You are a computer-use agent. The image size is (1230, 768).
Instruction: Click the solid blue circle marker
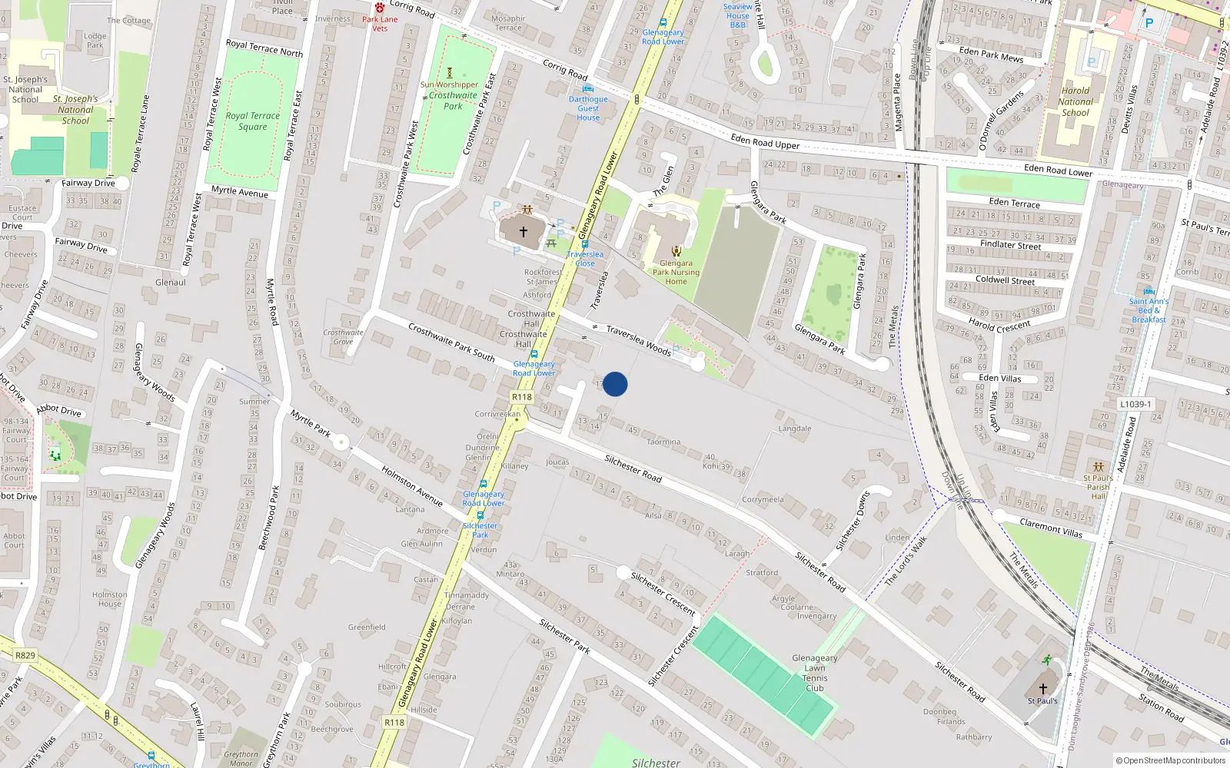(615, 384)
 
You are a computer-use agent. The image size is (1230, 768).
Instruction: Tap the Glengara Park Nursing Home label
(676, 272)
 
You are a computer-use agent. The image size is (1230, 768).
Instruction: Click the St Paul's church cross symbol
(1042, 688)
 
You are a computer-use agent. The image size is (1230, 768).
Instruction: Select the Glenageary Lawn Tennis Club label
(815, 673)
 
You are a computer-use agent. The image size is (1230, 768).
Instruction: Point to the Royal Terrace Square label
(253, 121)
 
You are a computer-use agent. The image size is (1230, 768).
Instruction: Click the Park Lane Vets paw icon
(380, 8)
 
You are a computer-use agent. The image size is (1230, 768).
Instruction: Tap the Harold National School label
(1075, 101)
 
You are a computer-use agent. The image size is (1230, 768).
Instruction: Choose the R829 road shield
(25, 655)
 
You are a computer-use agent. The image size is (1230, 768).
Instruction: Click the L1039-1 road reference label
(1135, 404)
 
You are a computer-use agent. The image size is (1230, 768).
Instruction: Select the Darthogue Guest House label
(588, 108)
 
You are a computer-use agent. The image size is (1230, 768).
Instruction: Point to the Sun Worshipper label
(449, 84)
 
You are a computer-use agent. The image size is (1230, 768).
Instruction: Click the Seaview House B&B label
(738, 15)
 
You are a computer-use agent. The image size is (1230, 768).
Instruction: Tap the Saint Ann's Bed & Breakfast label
(1149, 310)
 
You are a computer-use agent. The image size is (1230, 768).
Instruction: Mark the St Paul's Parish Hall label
(1099, 487)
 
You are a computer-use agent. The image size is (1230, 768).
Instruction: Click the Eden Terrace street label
(1015, 203)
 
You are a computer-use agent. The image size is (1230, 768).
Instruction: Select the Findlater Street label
(1010, 245)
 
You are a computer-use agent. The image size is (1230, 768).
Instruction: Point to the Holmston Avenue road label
(412, 486)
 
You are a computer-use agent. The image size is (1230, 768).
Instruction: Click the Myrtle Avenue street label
(240, 191)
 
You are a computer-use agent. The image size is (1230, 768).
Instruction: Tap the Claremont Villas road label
(1050, 528)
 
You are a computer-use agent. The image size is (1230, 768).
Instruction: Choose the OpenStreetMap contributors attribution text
(1171, 761)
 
